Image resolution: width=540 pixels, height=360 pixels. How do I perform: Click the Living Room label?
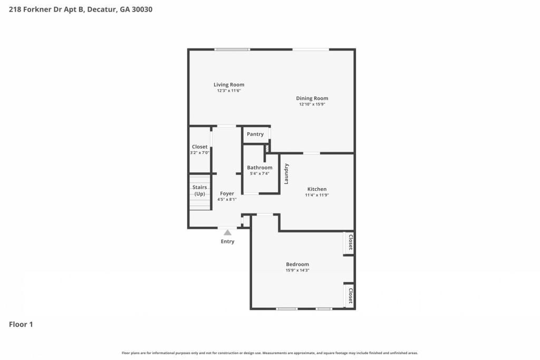pyautogui.click(x=229, y=85)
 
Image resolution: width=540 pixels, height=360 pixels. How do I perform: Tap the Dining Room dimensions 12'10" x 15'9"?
pyautogui.click(x=312, y=104)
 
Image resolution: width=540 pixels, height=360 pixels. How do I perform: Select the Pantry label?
pyautogui.click(x=255, y=134)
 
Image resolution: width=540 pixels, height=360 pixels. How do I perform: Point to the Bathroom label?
pyautogui.click(x=259, y=168)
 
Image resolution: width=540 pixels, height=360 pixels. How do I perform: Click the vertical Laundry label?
pyautogui.click(x=286, y=174)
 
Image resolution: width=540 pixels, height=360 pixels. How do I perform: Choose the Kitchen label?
pyautogui.click(x=317, y=189)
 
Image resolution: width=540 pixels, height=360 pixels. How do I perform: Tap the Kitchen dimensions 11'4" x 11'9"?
pyautogui.click(x=317, y=195)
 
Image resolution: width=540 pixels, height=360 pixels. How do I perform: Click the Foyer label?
pyautogui.click(x=227, y=194)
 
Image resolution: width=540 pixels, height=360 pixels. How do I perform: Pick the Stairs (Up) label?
pyautogui.click(x=200, y=190)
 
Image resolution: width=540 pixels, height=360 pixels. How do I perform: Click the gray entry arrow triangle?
pyautogui.click(x=228, y=232)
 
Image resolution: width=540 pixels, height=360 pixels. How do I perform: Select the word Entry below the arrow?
pyautogui.click(x=228, y=241)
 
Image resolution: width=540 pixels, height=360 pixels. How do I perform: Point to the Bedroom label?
pyautogui.click(x=297, y=264)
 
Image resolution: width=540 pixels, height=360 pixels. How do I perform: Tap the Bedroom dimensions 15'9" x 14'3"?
pyautogui.click(x=297, y=270)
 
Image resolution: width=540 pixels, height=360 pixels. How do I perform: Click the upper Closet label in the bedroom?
pyautogui.click(x=351, y=242)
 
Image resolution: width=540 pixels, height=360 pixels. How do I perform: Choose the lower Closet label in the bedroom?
pyautogui.click(x=351, y=296)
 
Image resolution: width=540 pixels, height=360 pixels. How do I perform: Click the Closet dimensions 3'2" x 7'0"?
pyautogui.click(x=200, y=153)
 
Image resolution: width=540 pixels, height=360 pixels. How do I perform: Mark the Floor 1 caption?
pyautogui.click(x=21, y=325)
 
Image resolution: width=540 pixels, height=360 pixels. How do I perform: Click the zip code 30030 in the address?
pyautogui.click(x=142, y=9)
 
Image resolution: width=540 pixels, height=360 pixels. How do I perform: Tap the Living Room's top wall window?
pyautogui.click(x=232, y=50)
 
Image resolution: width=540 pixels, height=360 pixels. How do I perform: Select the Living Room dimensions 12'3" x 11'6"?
pyautogui.click(x=229, y=91)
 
